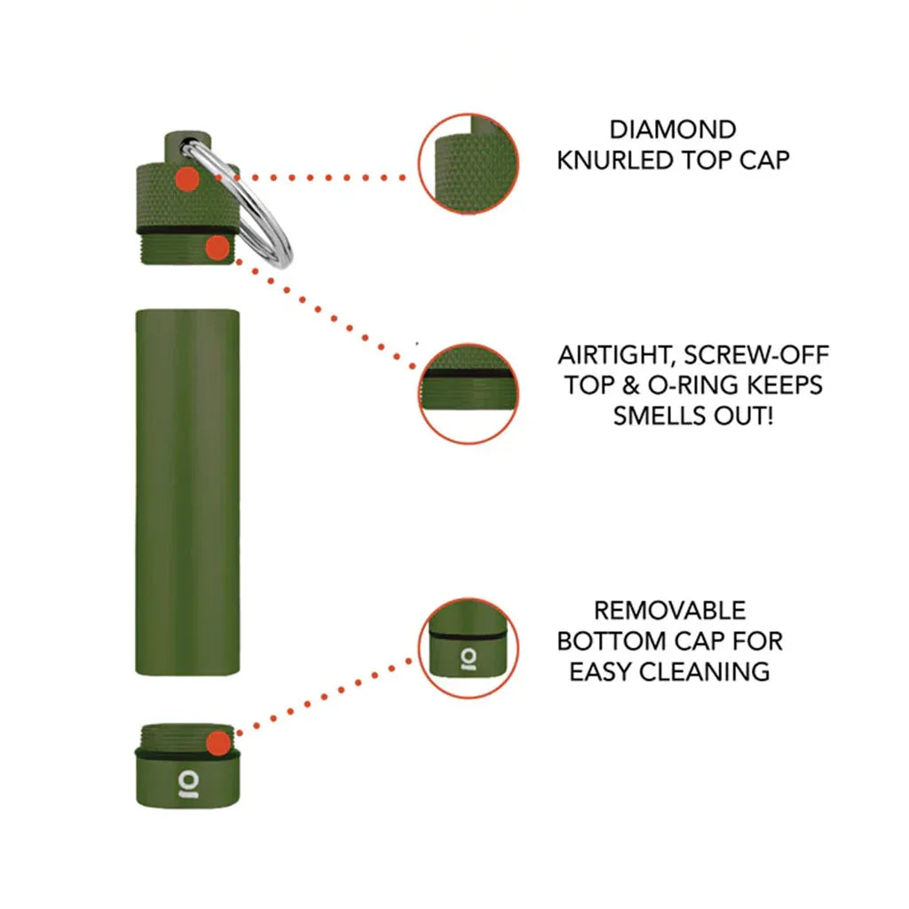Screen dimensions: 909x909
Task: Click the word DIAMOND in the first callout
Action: pos(672,130)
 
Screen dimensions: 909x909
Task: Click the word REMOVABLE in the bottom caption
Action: pos(669,611)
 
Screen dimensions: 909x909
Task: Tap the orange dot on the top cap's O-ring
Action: pos(216,248)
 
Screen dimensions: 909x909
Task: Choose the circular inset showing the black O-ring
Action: pos(468,393)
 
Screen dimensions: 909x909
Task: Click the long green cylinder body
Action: pos(187,493)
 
